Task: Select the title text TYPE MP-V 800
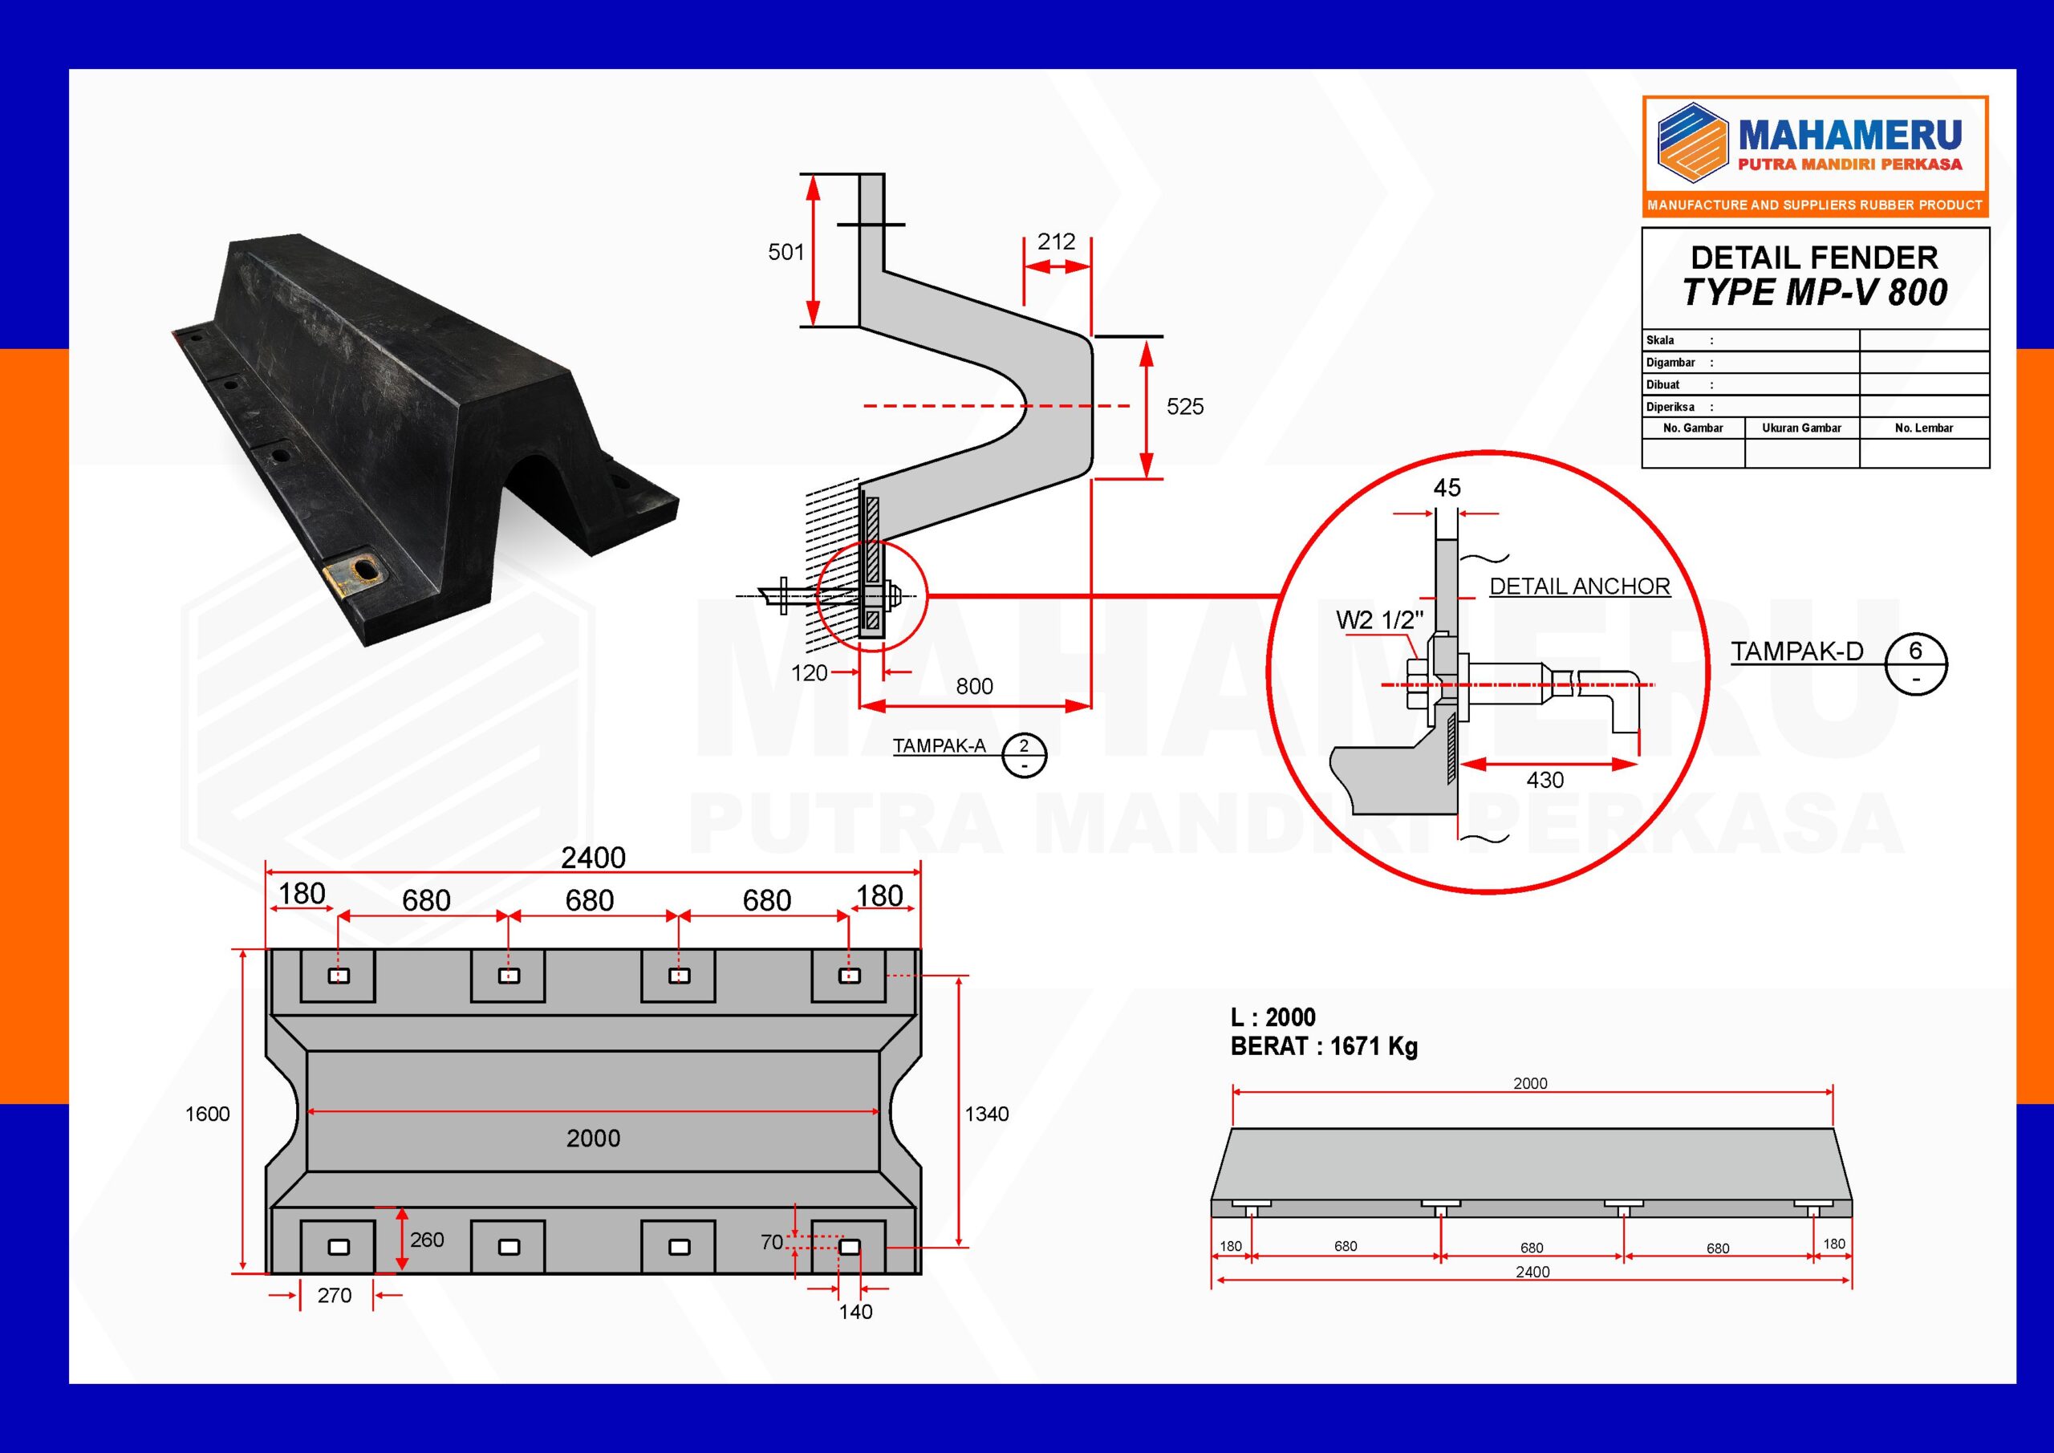pyautogui.click(x=1814, y=293)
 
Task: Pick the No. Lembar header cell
pyautogui.click(x=1923, y=428)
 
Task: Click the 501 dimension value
pyautogui.click(x=785, y=252)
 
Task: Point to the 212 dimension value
pyautogui.click(x=1056, y=241)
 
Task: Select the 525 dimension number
pyautogui.click(x=1184, y=407)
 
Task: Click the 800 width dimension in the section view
pyautogui.click(x=974, y=686)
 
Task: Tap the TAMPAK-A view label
pyautogui.click(x=939, y=745)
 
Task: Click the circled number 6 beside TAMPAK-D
pyautogui.click(x=1915, y=651)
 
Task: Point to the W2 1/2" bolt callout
pyautogui.click(x=1378, y=620)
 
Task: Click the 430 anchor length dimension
pyautogui.click(x=1545, y=780)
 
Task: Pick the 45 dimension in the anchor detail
pyautogui.click(x=1447, y=488)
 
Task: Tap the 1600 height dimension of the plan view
pyautogui.click(x=207, y=1114)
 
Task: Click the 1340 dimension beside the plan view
pyautogui.click(x=986, y=1114)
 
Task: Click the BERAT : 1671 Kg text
pyautogui.click(x=1323, y=1046)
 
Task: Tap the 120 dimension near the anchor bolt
pyautogui.click(x=809, y=673)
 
